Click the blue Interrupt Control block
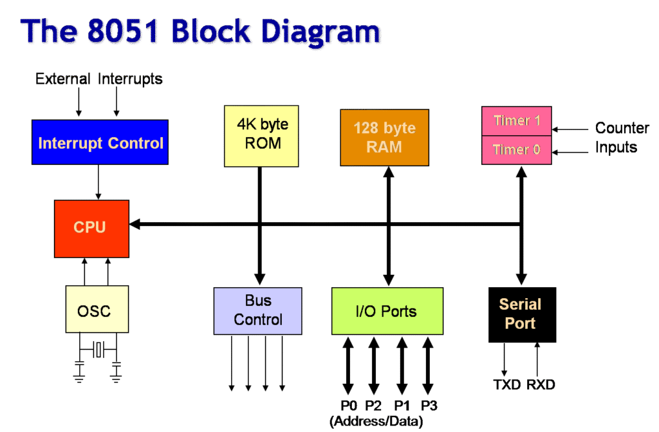pos(100,142)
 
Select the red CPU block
pos(91,227)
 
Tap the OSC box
pos(96,310)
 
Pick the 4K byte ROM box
pos(261,136)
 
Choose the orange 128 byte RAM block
pos(384,137)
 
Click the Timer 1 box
pos(516,120)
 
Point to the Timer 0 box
pos(516,150)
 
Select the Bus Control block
pos(257,310)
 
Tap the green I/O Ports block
pos(387,312)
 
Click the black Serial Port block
pos(521,314)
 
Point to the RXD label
pos(541,385)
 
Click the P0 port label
pos(348,406)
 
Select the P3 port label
pos(429,406)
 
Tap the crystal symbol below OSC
pos(98,349)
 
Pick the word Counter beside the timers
pos(622,128)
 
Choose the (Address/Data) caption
pos(376,422)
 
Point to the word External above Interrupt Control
pos(62,79)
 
